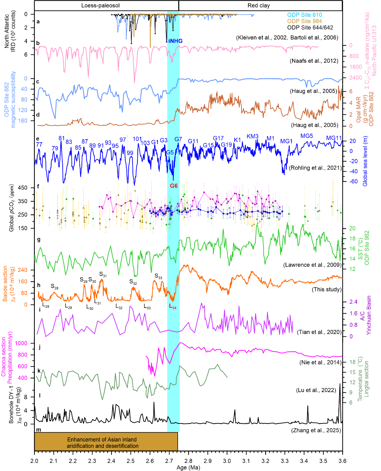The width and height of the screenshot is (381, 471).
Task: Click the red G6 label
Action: [174, 186]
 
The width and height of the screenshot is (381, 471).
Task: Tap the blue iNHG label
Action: [175, 41]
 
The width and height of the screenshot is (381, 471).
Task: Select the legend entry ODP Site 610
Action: [304, 15]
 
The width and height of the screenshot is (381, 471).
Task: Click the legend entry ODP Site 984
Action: [304, 21]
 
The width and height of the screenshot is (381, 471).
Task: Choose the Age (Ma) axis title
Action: [188, 467]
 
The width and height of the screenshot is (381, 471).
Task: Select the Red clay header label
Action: [259, 6]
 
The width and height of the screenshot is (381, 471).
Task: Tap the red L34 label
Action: [172, 306]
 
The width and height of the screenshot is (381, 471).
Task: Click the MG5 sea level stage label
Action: [306, 136]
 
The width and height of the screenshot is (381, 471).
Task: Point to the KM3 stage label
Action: [252, 136]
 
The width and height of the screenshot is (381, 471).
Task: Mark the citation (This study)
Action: [326, 290]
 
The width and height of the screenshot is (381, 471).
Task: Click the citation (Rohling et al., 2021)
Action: [315, 168]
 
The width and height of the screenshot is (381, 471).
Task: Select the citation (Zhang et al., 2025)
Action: [316, 430]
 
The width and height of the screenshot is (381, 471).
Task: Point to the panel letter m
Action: [39, 430]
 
